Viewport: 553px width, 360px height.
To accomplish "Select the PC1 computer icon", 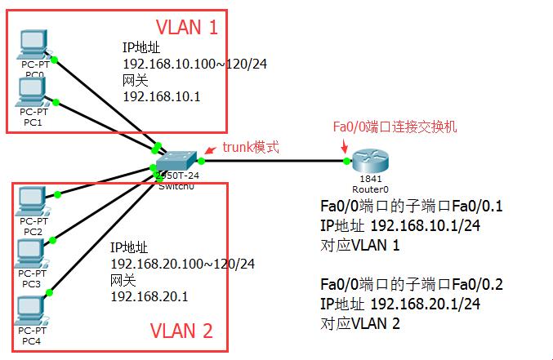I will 33,91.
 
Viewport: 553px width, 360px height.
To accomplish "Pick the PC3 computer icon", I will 33,251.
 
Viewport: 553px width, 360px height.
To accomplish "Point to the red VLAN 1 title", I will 187,28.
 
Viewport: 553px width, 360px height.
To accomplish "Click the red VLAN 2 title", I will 181,331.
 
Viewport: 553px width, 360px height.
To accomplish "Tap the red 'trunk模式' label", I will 251,148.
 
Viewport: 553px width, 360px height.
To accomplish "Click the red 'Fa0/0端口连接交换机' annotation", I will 395,127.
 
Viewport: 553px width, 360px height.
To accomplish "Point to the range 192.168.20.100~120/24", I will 182,264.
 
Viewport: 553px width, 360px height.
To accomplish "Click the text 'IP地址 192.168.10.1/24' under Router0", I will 399,225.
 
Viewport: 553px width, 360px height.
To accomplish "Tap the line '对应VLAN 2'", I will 359,322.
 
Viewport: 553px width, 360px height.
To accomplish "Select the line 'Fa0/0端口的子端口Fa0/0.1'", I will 412,207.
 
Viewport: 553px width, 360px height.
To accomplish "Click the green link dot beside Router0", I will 347,161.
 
